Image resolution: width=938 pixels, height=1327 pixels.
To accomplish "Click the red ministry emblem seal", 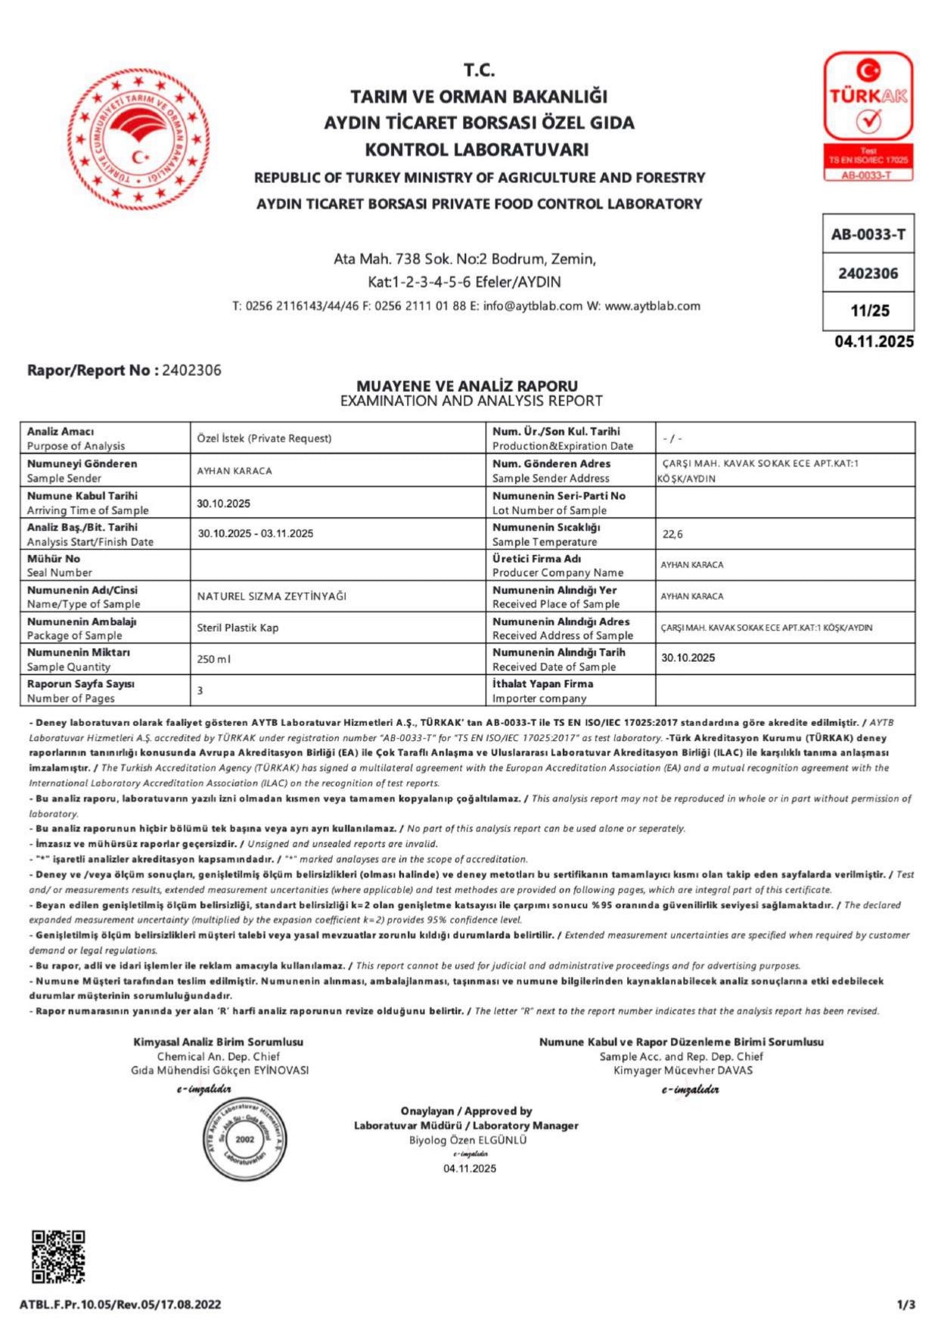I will (138, 139).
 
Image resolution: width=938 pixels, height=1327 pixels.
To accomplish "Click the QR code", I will (58, 1256).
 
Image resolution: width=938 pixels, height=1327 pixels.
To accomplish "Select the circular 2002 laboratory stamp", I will (244, 1139).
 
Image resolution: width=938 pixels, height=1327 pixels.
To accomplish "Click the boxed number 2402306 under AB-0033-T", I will (868, 273).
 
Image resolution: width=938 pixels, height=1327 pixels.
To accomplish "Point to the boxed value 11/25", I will (868, 311).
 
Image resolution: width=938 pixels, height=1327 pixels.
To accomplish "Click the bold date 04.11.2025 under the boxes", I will (874, 342).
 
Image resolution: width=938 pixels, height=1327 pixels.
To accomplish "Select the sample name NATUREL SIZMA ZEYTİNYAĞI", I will (272, 596).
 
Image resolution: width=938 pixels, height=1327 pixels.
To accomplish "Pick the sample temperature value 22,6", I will (672, 534).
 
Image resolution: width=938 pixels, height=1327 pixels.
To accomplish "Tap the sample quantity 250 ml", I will (214, 659).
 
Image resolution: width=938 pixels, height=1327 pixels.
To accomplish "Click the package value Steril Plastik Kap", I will (238, 628).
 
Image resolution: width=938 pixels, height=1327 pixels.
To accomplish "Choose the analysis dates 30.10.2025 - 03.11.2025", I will (256, 533).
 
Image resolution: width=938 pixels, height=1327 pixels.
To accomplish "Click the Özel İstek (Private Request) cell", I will (264, 439).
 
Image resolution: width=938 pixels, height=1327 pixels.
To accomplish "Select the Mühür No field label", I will (54, 558).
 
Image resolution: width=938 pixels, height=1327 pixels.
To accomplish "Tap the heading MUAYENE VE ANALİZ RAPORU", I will (467, 386).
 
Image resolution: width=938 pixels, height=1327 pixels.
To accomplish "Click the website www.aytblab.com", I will (652, 306).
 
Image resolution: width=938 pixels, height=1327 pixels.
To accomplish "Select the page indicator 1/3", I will (906, 1304).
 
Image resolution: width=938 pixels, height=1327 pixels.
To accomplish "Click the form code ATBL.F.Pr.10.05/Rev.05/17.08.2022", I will (120, 1304).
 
